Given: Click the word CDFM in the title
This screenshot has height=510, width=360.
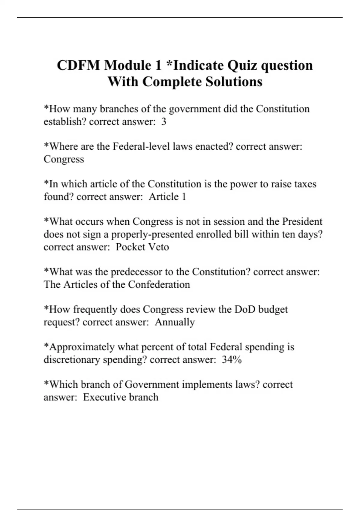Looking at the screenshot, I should coord(79,65).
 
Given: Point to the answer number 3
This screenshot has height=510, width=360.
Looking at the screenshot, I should coord(163,122).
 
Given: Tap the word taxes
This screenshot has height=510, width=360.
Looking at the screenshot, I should coord(304,184).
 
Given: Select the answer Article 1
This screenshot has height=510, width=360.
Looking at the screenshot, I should coord(167,197).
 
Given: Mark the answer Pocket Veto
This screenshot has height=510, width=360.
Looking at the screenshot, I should coord(142,247).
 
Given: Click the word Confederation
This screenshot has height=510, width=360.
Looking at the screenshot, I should coord(159,284).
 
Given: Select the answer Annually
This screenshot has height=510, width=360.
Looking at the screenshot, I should coord(175,322).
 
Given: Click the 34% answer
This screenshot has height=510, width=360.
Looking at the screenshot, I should coord(232,360).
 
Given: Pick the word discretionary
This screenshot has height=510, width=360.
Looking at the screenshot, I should coord(72,360).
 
